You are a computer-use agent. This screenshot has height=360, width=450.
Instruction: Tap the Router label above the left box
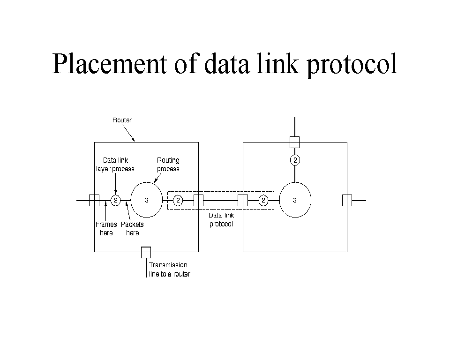pyautogui.click(x=122, y=120)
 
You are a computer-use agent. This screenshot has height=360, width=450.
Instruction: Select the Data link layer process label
pyautogui.click(x=115, y=165)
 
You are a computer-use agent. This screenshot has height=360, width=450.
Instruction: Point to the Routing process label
pyautogui.click(x=168, y=165)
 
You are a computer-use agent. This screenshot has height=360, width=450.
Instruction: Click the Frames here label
pyautogui.click(x=106, y=229)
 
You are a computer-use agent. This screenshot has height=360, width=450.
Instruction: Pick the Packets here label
pyautogui.click(x=132, y=229)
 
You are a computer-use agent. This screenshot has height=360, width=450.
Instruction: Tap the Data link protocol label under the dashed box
pyautogui.click(x=221, y=220)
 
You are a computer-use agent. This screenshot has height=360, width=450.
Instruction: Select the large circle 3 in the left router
pyautogui.click(x=147, y=200)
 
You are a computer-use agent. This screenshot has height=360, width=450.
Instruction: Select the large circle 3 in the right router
pyautogui.click(x=295, y=200)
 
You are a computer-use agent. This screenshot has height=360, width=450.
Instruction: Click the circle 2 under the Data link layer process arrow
pyautogui.click(x=115, y=201)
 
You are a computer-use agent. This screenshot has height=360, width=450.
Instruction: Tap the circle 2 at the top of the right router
pyautogui.click(x=295, y=160)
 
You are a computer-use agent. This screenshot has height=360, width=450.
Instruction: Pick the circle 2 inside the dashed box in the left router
pyautogui.click(x=178, y=201)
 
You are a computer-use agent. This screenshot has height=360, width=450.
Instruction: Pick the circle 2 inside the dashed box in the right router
pyautogui.click(x=263, y=201)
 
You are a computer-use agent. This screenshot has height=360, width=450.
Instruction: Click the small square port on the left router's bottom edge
pyautogui.click(x=146, y=252)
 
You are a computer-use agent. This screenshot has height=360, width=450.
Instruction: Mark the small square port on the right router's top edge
pyautogui.click(x=294, y=142)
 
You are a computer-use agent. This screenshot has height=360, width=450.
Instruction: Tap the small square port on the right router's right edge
pyautogui.click(x=347, y=200)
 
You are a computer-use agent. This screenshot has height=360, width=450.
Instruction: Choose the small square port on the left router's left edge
pyautogui.click(x=94, y=200)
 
